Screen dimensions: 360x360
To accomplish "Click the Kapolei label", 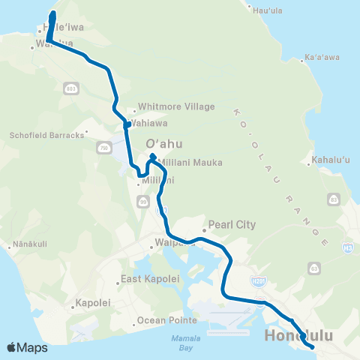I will pos(93,303).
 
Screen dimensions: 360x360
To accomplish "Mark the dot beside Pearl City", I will pos(204,230).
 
